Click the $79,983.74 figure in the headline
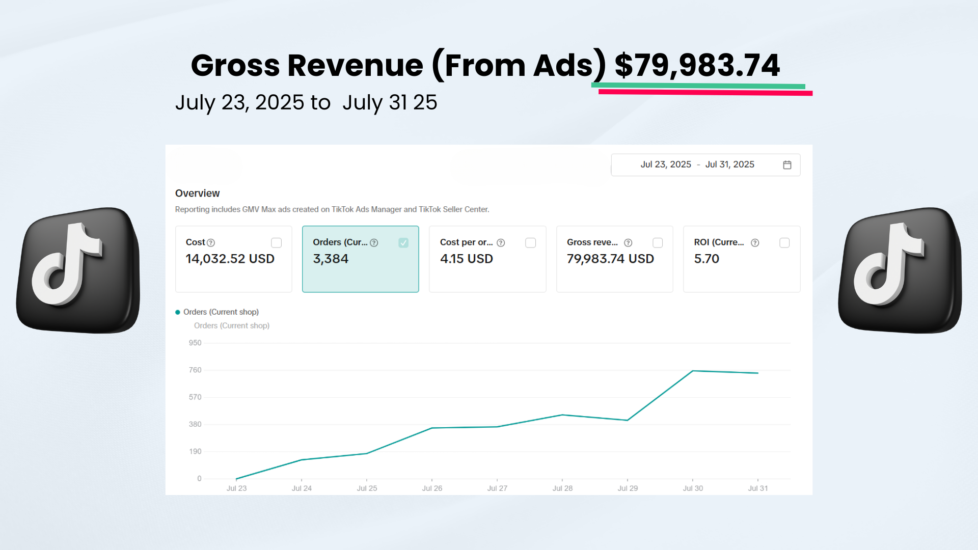coord(697,65)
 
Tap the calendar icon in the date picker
coord(787,165)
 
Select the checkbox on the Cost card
coord(276,243)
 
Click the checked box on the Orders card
coord(403,243)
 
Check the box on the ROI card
coord(784,243)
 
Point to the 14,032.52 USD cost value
coord(230,259)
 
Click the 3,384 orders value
coord(331,259)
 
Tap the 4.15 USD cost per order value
coord(466,259)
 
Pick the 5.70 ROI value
coord(707,259)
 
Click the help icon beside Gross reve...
coord(628,243)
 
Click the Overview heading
coord(197,194)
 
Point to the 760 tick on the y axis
coord(195,370)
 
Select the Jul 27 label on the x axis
coord(497,488)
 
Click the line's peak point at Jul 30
coord(693,371)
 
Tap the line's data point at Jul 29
coord(628,420)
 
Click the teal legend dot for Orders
coord(178,312)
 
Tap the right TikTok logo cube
coord(900,270)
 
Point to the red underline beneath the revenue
coord(705,93)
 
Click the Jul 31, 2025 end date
coord(729,164)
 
